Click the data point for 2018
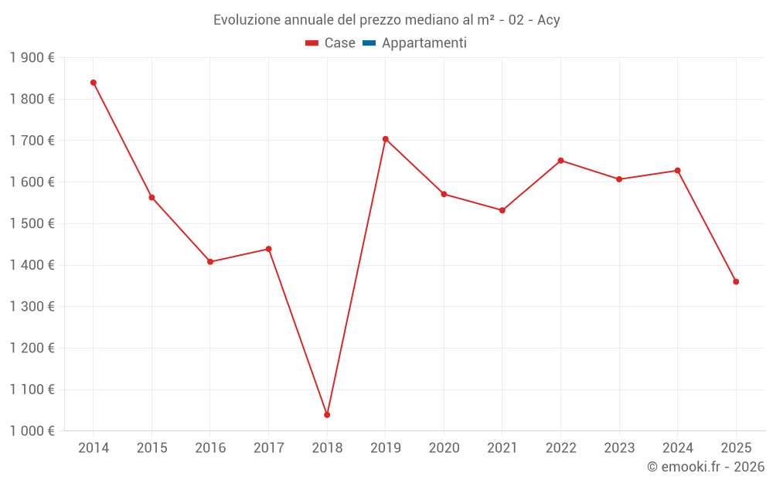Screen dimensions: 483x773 327,415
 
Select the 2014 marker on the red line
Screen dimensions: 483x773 94,83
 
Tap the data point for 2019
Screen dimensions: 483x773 386,139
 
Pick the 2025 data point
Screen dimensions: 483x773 736,281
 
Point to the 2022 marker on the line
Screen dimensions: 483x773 561,161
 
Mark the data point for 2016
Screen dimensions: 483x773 210,262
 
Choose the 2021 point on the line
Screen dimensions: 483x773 502,210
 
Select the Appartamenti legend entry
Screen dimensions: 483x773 424,43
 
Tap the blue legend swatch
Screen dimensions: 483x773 369,43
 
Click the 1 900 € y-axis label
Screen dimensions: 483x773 32,57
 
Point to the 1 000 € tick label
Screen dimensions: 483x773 32,431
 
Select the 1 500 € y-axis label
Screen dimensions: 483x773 32,223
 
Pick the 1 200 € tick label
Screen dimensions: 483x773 32,348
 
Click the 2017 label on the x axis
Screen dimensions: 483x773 268,448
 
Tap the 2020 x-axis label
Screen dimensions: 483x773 444,448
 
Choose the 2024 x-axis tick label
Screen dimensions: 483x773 678,448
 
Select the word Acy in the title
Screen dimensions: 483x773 548,20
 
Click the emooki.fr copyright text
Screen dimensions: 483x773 706,467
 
